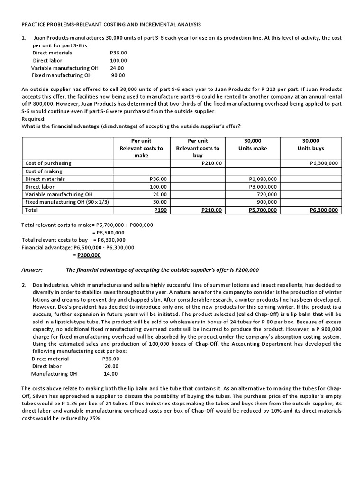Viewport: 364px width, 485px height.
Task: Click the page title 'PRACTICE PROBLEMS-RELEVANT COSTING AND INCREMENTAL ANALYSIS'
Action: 111,24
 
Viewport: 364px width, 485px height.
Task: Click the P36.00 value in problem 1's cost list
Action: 118,53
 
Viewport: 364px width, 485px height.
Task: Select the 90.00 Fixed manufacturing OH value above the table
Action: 118,75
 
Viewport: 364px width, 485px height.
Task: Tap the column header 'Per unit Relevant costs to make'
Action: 141,148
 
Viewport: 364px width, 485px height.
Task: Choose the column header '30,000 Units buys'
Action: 311,144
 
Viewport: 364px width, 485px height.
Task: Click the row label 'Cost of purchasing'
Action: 48,163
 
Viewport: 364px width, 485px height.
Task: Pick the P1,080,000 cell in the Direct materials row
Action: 263,179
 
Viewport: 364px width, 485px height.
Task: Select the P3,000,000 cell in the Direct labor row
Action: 263,187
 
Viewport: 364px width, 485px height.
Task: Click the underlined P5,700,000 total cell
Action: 263,210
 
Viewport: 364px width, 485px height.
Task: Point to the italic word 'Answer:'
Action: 32,270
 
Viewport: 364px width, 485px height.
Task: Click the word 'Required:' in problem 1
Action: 34,119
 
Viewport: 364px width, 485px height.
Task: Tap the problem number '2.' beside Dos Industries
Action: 24,285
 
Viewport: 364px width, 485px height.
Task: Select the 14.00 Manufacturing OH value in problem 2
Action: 111,374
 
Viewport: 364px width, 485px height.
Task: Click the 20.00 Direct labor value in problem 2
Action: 111,366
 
